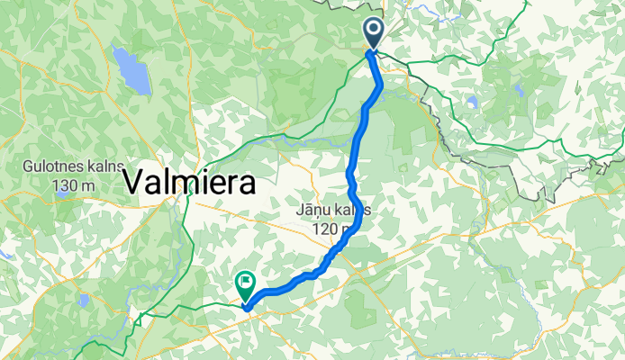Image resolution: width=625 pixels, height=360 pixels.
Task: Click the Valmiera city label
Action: click(189, 182)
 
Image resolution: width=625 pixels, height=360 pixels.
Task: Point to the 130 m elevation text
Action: click(71, 185)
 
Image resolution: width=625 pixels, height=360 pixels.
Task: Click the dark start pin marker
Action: click(374, 35)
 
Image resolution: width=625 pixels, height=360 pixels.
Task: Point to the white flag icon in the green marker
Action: click(245, 282)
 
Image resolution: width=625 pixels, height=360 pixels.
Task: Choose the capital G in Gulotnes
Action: click(30, 168)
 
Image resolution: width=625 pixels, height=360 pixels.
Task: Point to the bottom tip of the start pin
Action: click(374, 50)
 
